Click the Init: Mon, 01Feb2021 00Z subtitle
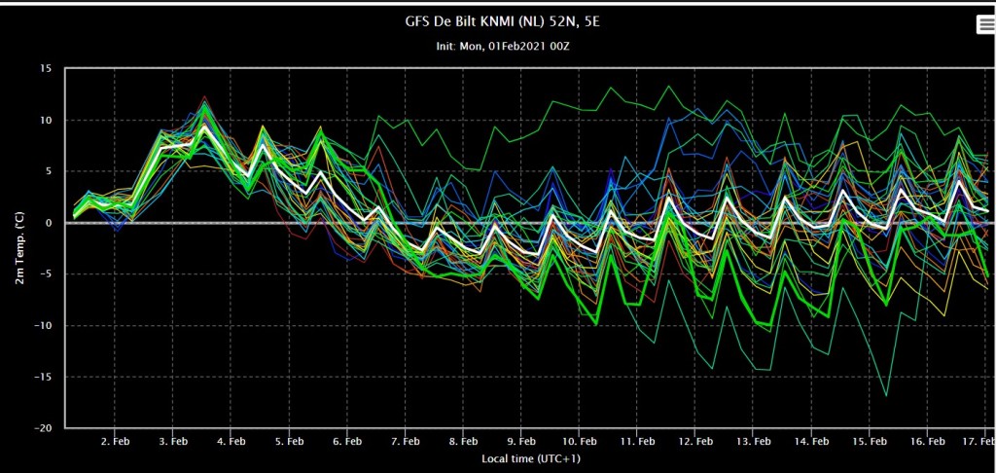(x=497, y=47)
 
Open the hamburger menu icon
(x=984, y=24)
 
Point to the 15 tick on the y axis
(x=48, y=69)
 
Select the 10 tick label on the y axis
(x=48, y=120)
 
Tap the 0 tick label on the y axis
(x=51, y=223)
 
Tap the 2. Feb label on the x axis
(x=115, y=441)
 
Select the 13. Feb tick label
(x=753, y=441)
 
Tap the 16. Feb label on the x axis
(x=927, y=441)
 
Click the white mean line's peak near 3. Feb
(x=204, y=126)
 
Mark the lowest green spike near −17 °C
(x=886, y=395)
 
